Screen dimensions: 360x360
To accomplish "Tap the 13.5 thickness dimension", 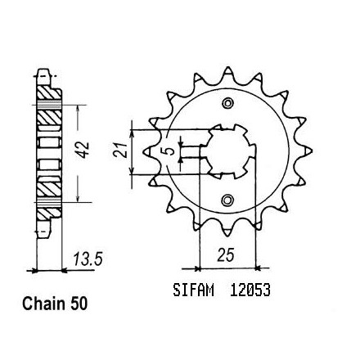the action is pyautogui.click(x=88, y=259).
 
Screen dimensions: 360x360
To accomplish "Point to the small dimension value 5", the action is pyautogui.click(x=169, y=151).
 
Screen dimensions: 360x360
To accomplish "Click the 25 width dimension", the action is pyautogui.click(x=226, y=255).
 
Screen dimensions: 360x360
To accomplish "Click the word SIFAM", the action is pyautogui.click(x=193, y=290).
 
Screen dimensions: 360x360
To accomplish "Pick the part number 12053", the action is pyautogui.click(x=250, y=290).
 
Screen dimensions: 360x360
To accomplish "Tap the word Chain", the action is pyautogui.click(x=44, y=304).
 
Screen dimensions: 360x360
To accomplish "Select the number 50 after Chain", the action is pyautogui.click(x=79, y=304).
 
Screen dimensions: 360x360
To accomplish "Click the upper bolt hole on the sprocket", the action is pyautogui.click(x=227, y=103).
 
